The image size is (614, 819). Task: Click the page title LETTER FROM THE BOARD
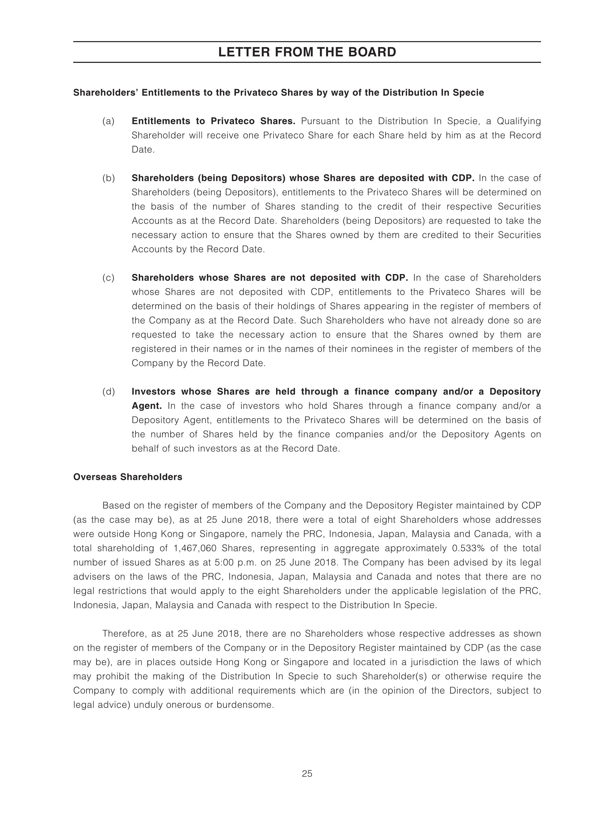(x=307, y=52)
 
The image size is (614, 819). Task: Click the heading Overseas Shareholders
(x=128, y=477)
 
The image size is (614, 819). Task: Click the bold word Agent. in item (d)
(x=147, y=406)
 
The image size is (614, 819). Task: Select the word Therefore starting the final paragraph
(x=124, y=634)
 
